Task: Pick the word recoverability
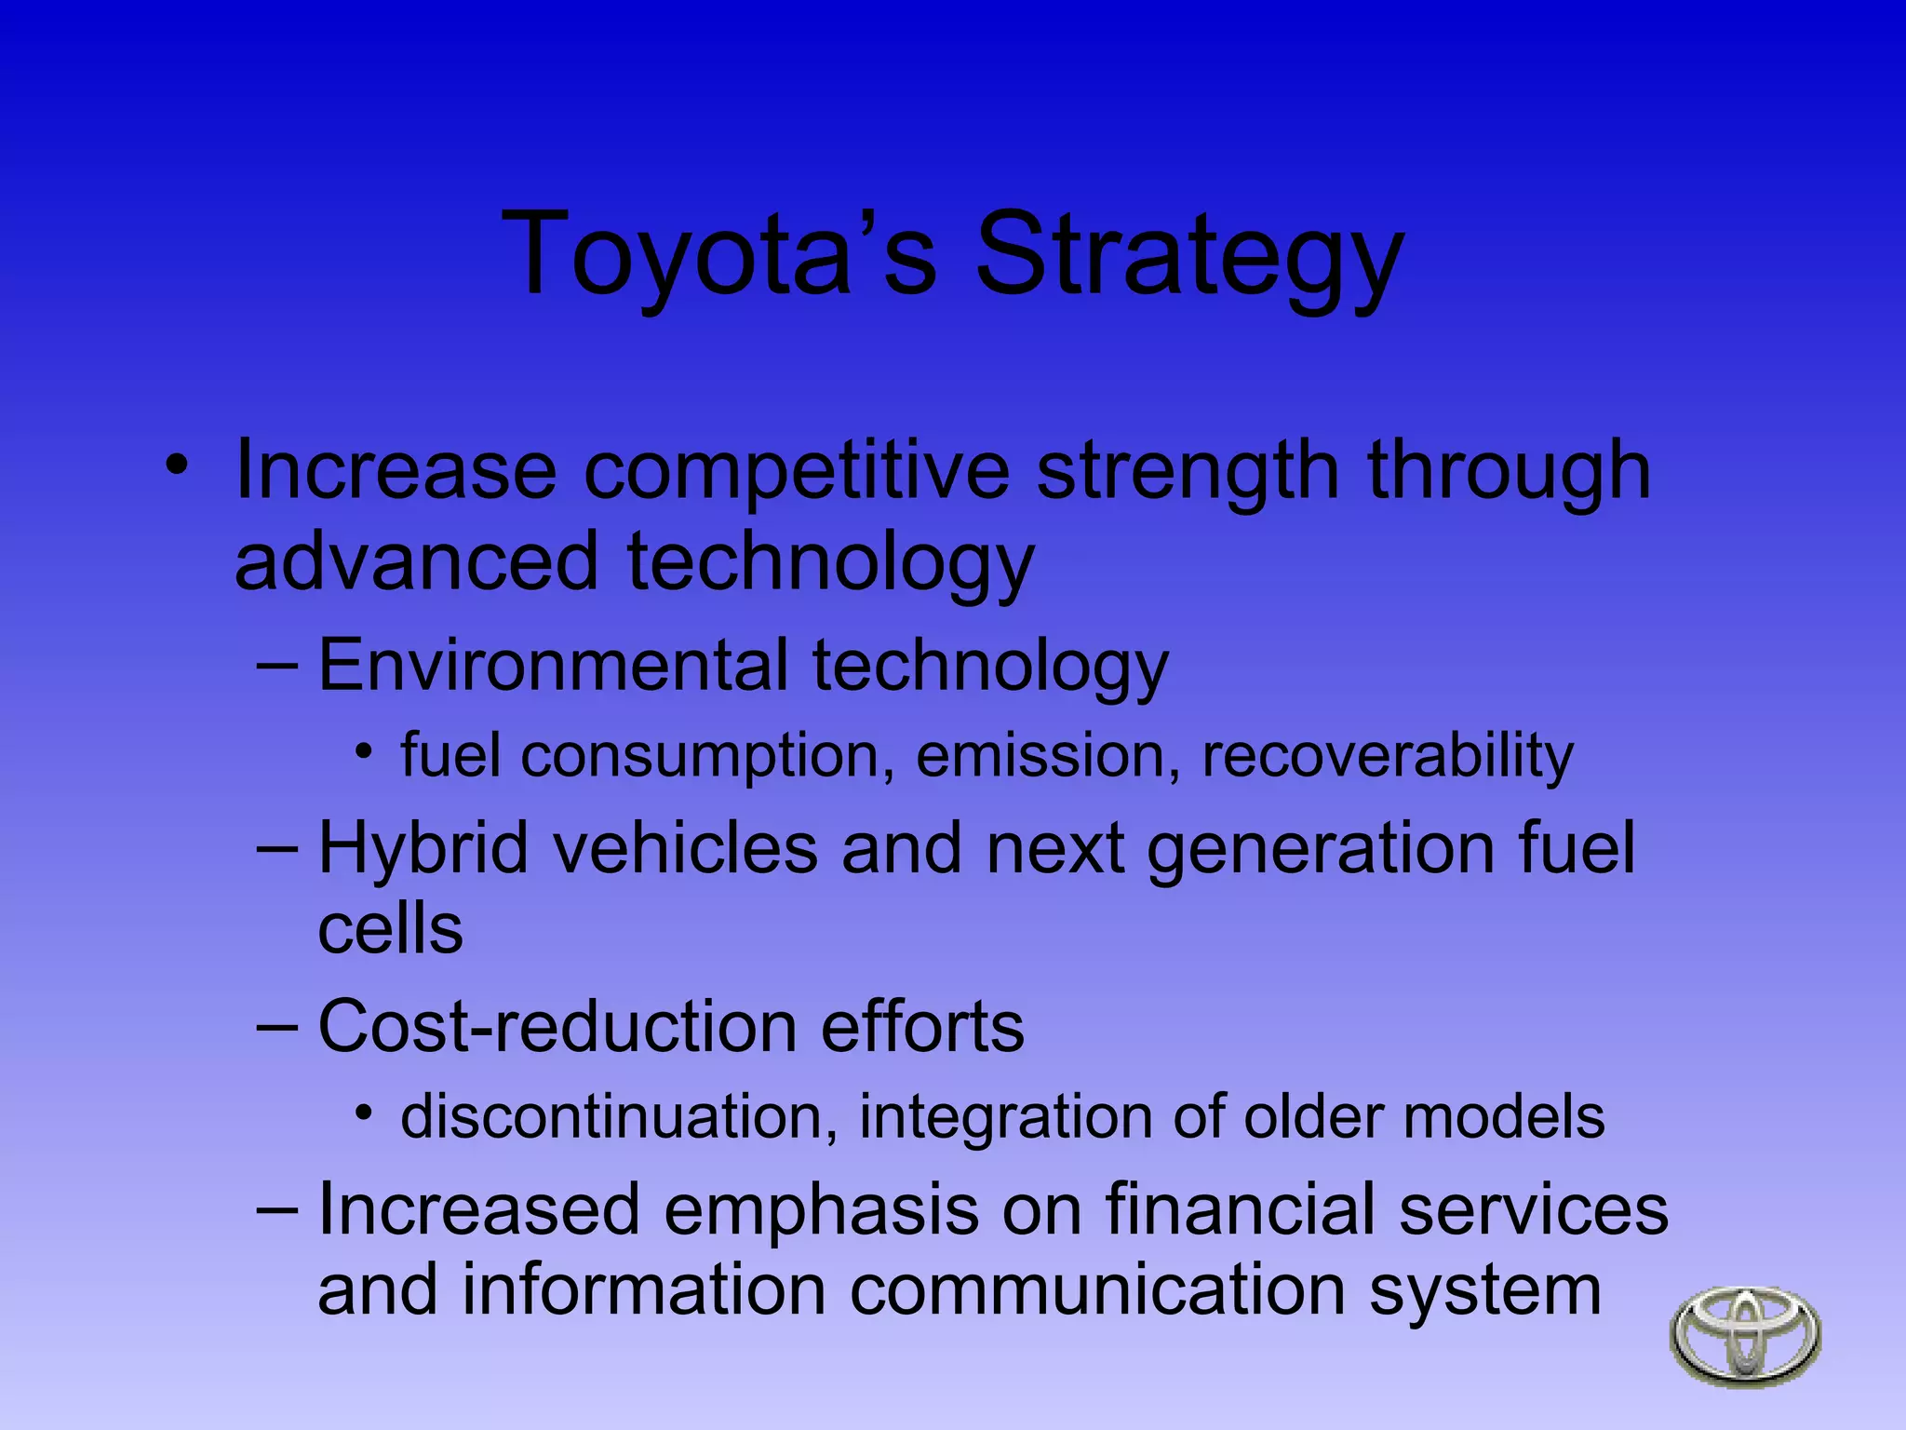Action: pyautogui.click(x=1387, y=756)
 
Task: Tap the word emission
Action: pyautogui.click(x=1040, y=756)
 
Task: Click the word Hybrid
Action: pyautogui.click(x=423, y=849)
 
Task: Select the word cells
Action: pyautogui.click(x=390, y=929)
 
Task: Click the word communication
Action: pyautogui.click(x=1097, y=1291)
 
